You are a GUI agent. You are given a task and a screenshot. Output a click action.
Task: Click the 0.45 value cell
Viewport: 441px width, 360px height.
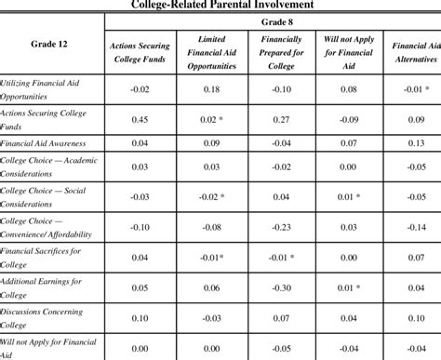tap(140, 119)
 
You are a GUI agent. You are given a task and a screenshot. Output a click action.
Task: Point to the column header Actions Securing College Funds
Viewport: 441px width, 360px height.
tap(140, 52)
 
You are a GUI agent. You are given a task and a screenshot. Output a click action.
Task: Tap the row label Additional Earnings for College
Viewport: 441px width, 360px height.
tap(41, 289)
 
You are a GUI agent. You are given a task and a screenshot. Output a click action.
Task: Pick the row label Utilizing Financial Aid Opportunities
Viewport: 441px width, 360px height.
tap(43, 90)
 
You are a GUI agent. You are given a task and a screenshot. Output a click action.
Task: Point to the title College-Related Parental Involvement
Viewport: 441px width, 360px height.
tap(222, 5)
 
